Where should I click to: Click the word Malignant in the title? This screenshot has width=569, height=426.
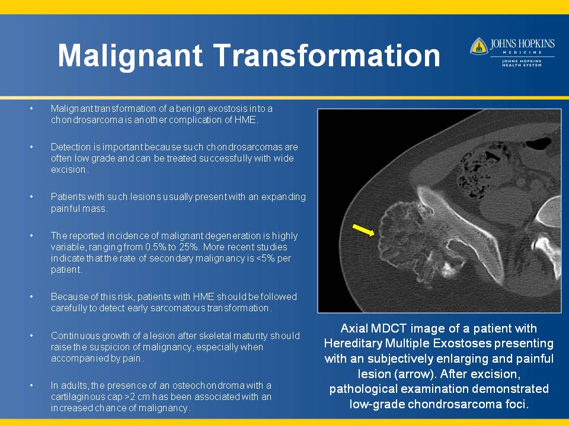tap(130, 56)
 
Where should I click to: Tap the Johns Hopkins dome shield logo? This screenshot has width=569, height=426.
tap(479, 46)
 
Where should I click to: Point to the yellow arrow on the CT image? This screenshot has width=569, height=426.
tap(363, 230)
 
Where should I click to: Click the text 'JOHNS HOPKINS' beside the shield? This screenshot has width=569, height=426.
tap(522, 44)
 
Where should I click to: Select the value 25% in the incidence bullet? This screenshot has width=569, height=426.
tap(190, 247)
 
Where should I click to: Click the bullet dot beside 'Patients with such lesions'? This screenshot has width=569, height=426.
tap(31, 196)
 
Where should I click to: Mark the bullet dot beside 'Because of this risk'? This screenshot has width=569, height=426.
tap(31, 296)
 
